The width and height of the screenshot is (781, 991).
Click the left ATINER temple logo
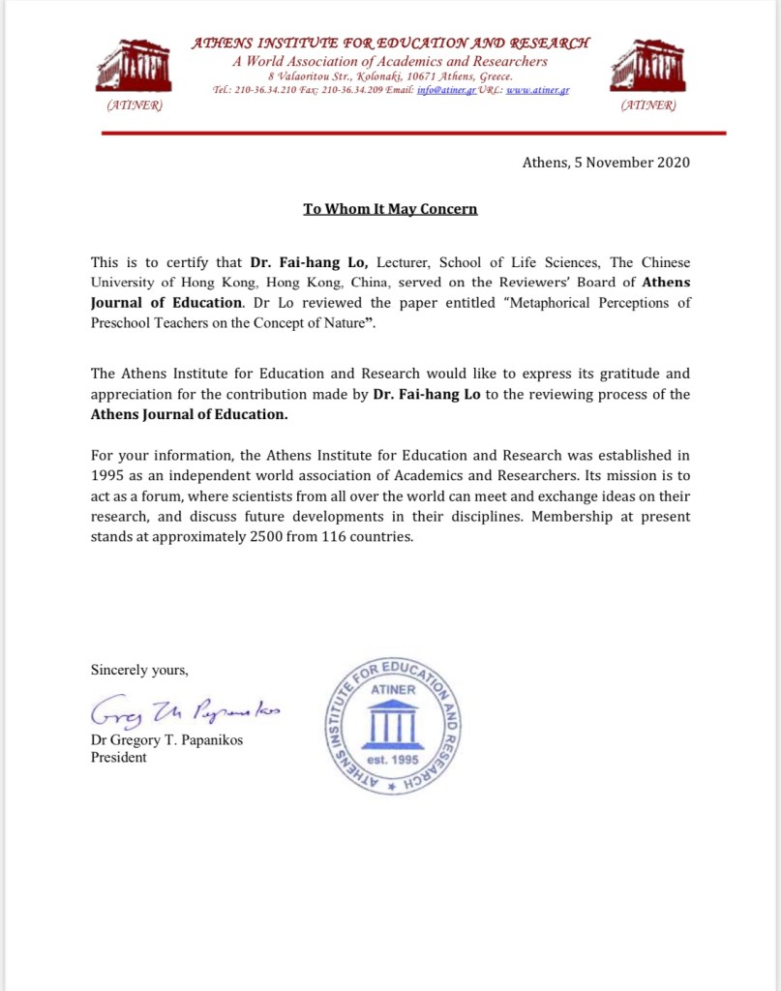(134, 66)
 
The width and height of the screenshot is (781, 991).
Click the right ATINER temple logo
(646, 66)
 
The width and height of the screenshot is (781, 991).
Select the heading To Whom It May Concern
(390, 208)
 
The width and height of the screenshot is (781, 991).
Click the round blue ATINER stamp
(392, 727)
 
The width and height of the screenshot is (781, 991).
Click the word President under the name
(119, 758)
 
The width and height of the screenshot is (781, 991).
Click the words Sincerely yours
(139, 670)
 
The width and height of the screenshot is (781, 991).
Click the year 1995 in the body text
(108, 475)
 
